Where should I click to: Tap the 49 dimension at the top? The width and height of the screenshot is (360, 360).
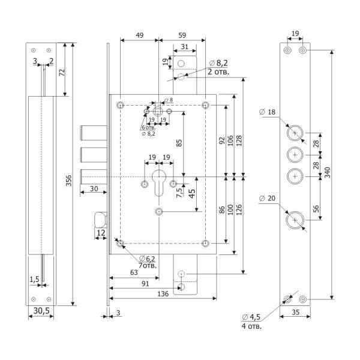click(x=139, y=35)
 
